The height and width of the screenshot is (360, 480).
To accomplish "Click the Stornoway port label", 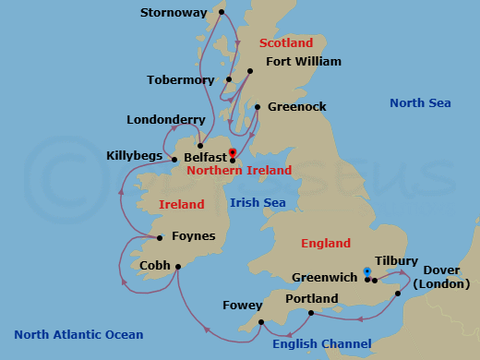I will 174,13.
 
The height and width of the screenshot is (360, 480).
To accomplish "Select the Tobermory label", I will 181,79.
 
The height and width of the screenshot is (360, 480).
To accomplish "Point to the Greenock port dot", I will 257,106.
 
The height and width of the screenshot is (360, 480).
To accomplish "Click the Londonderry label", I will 166,120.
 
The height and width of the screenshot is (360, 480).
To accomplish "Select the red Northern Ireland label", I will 238,171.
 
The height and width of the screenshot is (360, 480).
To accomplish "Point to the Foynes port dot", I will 160,238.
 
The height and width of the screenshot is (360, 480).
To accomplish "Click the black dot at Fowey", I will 261,321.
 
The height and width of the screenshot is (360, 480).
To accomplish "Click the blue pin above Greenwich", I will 367,272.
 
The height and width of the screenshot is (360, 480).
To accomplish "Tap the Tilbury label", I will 397,261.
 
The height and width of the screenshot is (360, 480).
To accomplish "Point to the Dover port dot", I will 398,294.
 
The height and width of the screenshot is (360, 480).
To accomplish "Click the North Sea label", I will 420,102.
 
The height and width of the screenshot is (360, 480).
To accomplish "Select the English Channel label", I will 315,344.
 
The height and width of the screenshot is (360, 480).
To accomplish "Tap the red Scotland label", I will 286,43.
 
